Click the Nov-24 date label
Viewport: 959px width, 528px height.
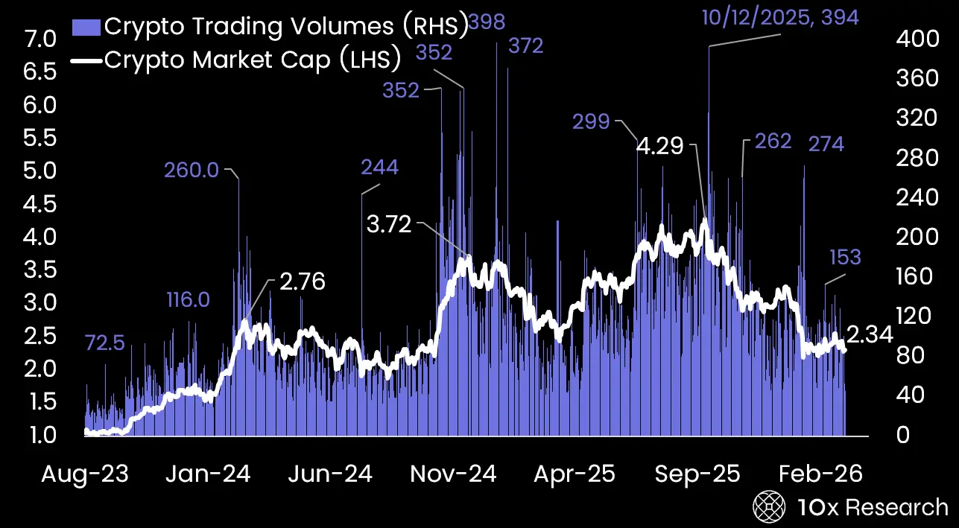click(x=452, y=474)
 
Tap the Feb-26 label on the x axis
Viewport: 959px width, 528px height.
click(x=820, y=474)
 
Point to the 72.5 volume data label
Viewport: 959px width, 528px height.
click(x=104, y=343)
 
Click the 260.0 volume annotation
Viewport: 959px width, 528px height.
click(x=192, y=171)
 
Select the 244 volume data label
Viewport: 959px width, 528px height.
click(x=379, y=167)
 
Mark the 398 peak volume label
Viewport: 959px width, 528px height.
click(x=487, y=23)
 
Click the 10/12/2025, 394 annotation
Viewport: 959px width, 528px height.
click(x=780, y=16)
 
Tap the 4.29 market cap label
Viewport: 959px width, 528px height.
click(x=659, y=146)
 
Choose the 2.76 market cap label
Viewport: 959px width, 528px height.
click(x=302, y=282)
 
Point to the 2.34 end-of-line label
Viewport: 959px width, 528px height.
click(x=870, y=336)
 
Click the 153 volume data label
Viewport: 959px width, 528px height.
click(x=845, y=258)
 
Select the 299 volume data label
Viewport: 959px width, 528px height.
click(x=591, y=121)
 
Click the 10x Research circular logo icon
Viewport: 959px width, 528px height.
click(x=768, y=507)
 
